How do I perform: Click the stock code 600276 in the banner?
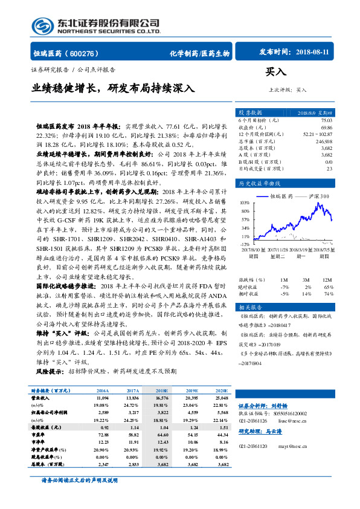[x=89, y=53]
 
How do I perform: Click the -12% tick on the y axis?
[x=244, y=244]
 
